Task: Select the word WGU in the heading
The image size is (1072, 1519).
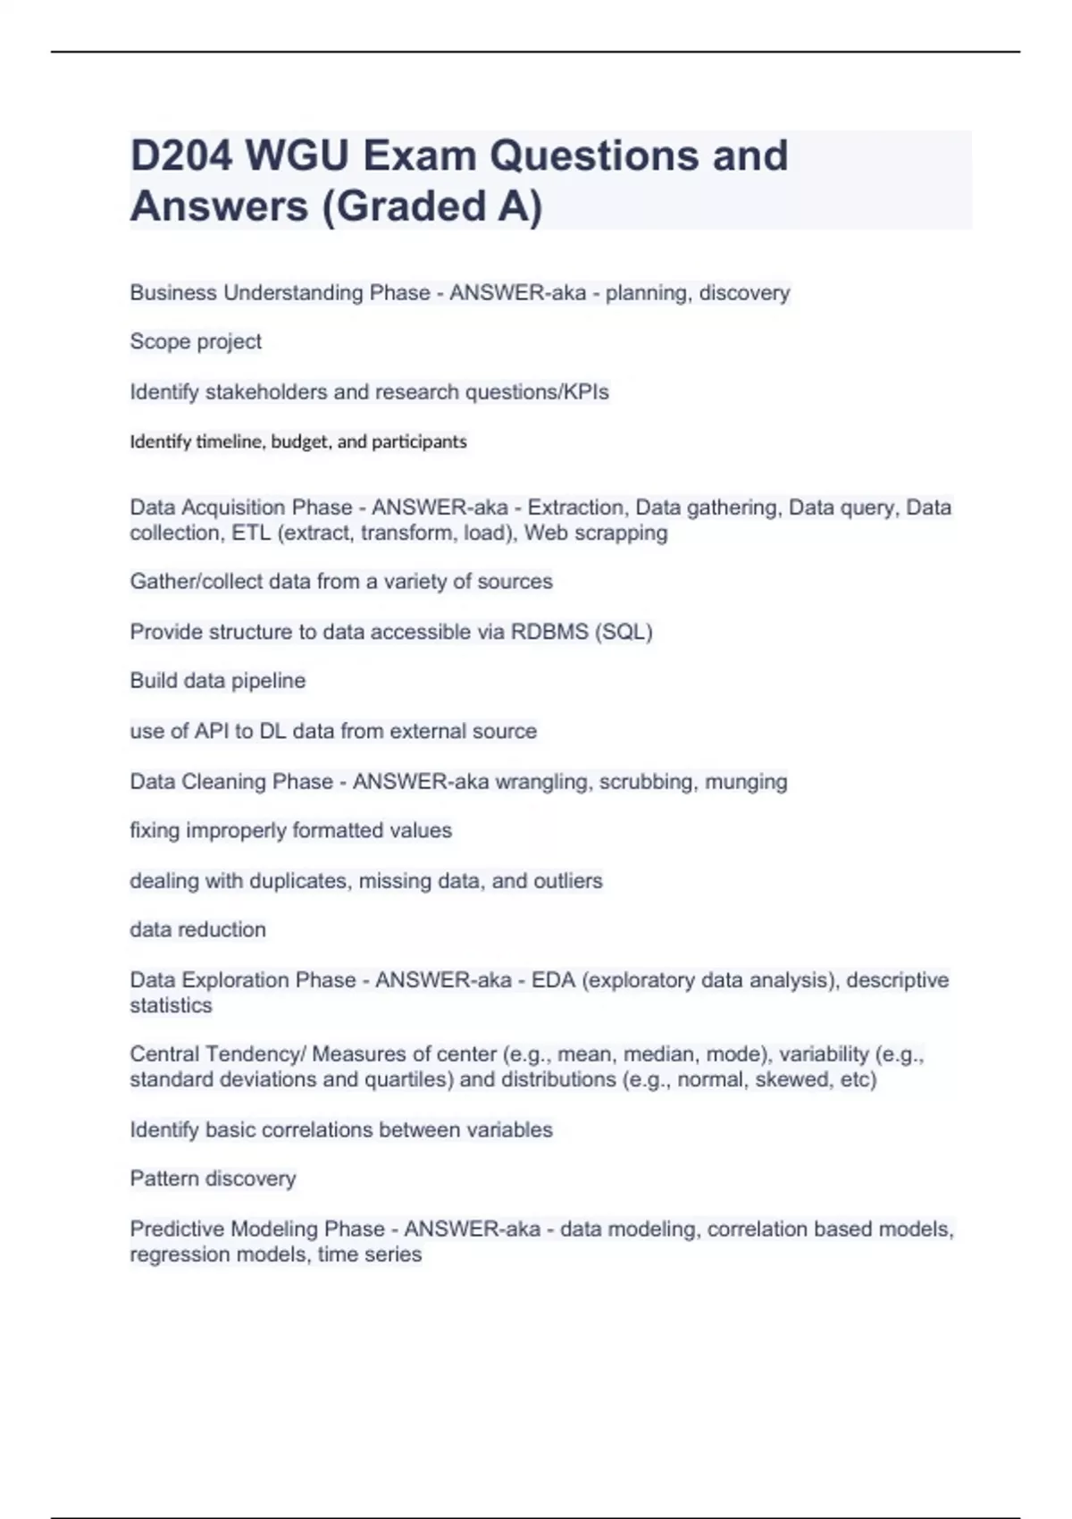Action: [x=297, y=156]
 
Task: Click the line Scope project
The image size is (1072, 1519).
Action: [x=196, y=341]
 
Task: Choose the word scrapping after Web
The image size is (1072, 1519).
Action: [x=631, y=533]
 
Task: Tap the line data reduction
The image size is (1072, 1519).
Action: [x=197, y=930]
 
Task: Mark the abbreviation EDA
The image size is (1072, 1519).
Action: [x=553, y=980]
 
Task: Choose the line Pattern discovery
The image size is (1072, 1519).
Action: [x=213, y=1179]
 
